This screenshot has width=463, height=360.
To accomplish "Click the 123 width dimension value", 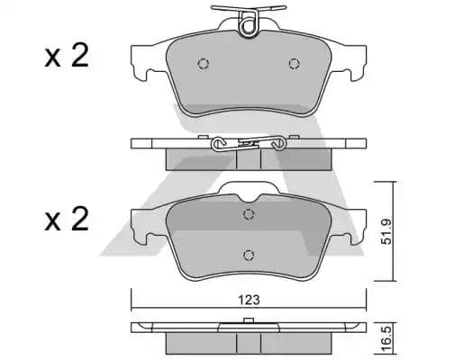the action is [249, 300].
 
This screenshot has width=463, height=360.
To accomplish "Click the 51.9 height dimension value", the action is [386, 231].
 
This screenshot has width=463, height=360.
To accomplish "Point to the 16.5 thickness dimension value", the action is [386, 339].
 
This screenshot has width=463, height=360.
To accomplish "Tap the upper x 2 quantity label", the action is [67, 56].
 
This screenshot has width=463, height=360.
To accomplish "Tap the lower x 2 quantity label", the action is [67, 220].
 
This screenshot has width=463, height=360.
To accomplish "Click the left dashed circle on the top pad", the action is [204, 64].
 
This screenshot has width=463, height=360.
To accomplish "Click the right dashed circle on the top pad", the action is [295, 64].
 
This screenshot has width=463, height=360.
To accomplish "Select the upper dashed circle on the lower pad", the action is [249, 214].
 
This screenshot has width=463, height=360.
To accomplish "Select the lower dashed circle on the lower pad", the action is [249, 255].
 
